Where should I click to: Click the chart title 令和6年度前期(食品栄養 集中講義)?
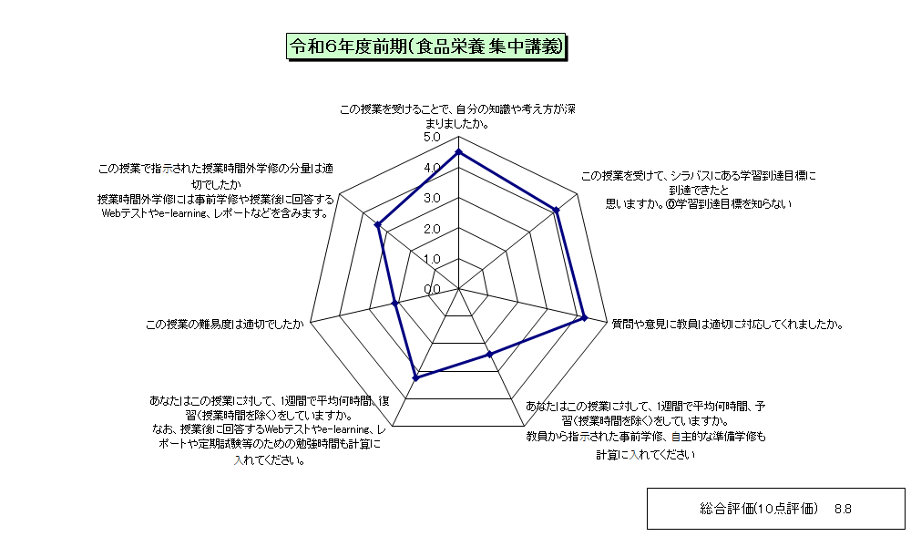pyautogui.click(x=426, y=47)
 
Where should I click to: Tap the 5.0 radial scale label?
pyautogui.click(x=432, y=137)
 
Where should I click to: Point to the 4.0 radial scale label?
pyautogui.click(x=432, y=168)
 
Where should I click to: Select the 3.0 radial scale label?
pyautogui.click(x=432, y=198)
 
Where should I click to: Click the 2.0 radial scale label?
pyautogui.click(x=432, y=229)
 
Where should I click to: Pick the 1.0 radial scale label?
pyautogui.click(x=432, y=259)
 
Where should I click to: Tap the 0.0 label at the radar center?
pyautogui.click(x=432, y=290)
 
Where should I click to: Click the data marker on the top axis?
pyautogui.click(x=458, y=152)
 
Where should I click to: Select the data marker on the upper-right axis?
pyautogui.click(x=556, y=211)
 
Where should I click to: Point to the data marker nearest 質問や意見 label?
pyautogui.click(x=585, y=317)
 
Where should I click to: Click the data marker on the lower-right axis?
pyautogui.click(x=489, y=354)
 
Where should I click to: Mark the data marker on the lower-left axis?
pyautogui.click(x=415, y=378)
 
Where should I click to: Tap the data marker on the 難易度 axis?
pyautogui.click(x=395, y=303)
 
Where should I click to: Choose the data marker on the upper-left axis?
pyautogui.click(x=378, y=224)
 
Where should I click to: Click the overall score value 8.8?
pyautogui.click(x=843, y=510)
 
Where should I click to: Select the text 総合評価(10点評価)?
pyautogui.click(x=759, y=510)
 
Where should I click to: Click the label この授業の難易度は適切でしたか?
pyautogui.click(x=225, y=325)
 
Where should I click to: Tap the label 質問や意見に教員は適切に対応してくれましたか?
pyautogui.click(x=727, y=325)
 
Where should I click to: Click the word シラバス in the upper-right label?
pyautogui.click(x=691, y=176)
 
